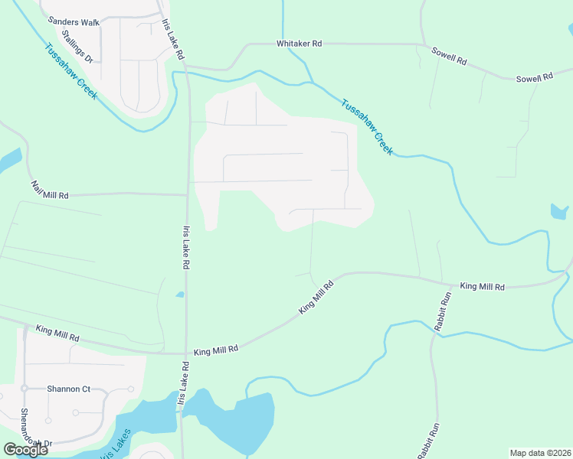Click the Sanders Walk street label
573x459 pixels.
coord(74,21)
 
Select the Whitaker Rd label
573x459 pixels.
coord(300,44)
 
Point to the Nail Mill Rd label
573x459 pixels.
coord(50,190)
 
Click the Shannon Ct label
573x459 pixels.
coord(68,389)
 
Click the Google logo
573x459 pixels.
coord(25,450)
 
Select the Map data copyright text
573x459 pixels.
coord(541,453)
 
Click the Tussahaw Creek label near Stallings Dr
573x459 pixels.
coord(70,72)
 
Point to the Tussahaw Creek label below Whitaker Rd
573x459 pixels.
coord(367,127)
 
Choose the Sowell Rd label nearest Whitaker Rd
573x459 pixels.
coord(449,56)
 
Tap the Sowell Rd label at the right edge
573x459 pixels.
coord(534,79)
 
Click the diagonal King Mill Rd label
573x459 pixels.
coord(316,298)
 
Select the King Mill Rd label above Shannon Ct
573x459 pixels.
coord(57,333)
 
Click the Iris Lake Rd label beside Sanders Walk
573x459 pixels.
coord(174,41)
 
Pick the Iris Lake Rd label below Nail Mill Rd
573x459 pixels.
coord(185,247)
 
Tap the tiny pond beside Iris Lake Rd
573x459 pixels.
coord(180,295)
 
